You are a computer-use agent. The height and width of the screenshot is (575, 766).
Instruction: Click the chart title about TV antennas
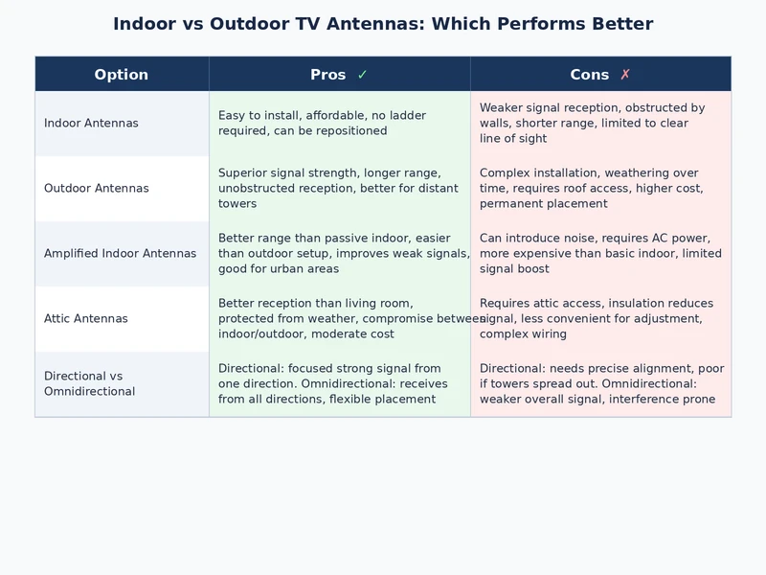(x=383, y=24)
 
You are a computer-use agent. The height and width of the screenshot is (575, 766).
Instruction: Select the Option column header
(x=122, y=75)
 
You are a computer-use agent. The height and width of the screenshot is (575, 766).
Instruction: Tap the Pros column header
(x=327, y=75)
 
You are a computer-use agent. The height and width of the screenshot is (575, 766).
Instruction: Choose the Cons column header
(x=589, y=75)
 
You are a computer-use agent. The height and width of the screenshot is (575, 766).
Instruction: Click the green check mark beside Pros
(x=362, y=75)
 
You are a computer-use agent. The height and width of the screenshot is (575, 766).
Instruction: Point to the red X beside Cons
(x=625, y=75)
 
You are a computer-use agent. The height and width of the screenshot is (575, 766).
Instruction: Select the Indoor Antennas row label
(x=91, y=124)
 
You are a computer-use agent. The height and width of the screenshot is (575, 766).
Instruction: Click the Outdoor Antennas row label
(x=96, y=189)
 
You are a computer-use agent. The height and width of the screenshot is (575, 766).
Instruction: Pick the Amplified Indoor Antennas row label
(x=120, y=254)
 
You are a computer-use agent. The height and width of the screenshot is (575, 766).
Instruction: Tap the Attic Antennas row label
(x=86, y=319)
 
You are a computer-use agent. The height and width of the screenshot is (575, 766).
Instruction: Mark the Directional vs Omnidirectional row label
(x=90, y=384)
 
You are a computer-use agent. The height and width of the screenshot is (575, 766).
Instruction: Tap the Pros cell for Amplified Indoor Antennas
(x=340, y=254)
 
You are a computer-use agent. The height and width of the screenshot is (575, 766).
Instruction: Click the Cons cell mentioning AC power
(x=600, y=254)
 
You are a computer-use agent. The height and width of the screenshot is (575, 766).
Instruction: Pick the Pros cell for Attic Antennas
(x=340, y=319)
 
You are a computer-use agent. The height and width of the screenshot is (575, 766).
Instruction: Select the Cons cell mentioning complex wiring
(x=600, y=319)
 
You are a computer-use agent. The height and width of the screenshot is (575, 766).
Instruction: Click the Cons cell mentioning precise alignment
(x=600, y=384)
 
